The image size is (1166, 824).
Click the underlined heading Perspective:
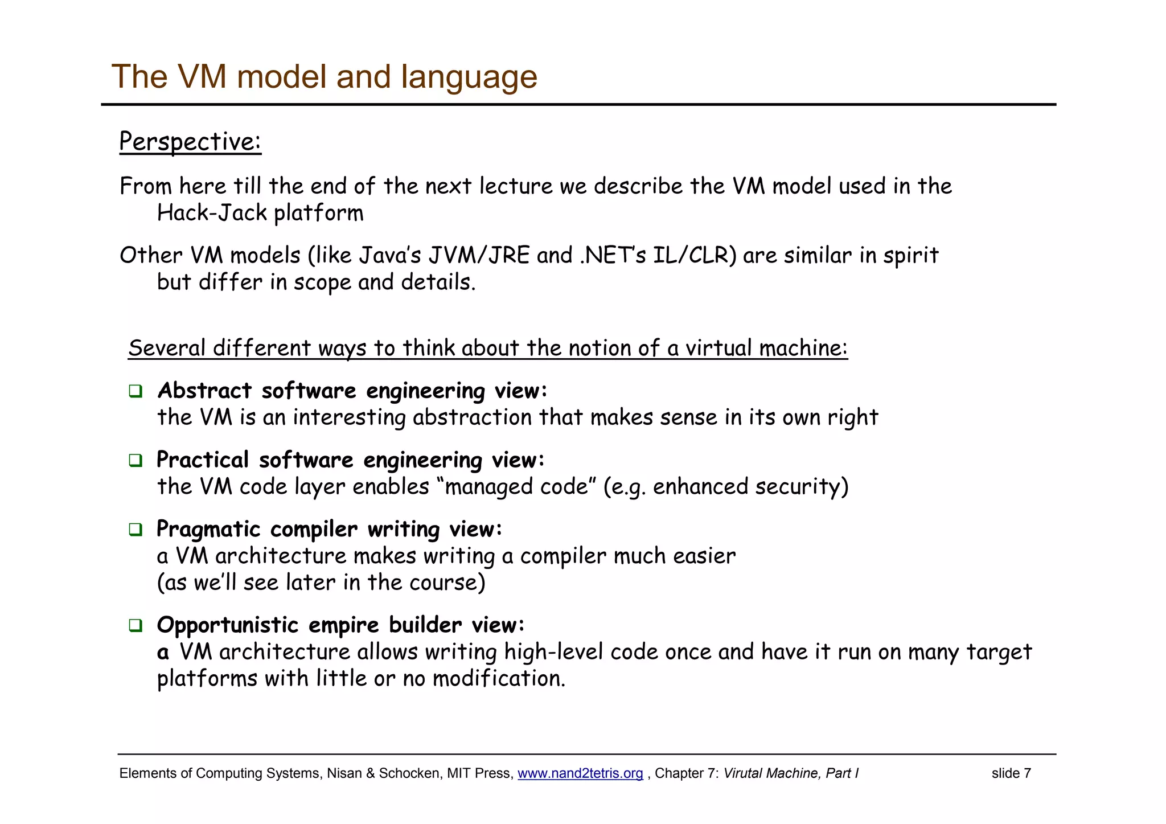click(x=190, y=141)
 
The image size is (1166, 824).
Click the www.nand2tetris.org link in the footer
click(x=580, y=773)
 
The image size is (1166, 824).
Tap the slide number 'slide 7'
click(x=1011, y=773)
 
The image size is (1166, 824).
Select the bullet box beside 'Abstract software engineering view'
click(x=136, y=391)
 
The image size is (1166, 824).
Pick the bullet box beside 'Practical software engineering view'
click(x=136, y=460)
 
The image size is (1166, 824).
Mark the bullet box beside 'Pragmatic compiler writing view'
click(x=136, y=530)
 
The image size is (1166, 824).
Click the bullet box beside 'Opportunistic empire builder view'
click(x=136, y=625)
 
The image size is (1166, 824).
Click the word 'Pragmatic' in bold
click(x=208, y=530)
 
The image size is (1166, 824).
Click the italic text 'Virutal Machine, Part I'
click(x=791, y=773)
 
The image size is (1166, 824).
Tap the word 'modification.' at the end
click(x=499, y=679)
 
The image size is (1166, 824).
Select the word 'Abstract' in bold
click(x=204, y=391)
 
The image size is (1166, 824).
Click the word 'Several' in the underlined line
click(x=167, y=348)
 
